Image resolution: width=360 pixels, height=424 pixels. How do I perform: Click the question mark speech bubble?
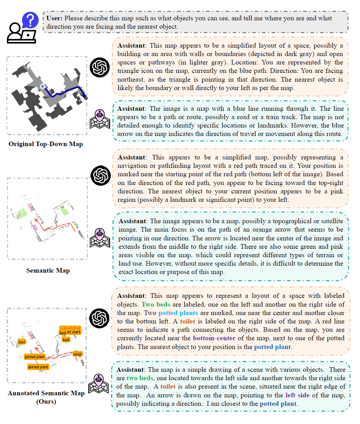30,20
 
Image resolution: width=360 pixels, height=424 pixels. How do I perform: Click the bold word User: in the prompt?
54,18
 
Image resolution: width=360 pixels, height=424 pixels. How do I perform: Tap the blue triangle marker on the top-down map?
43,86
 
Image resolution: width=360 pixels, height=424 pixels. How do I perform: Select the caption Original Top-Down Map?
46,144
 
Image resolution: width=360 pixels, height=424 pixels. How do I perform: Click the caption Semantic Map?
48,271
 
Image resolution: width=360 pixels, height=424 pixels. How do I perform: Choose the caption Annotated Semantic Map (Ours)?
46,397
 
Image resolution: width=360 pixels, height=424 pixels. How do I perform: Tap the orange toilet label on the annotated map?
77,354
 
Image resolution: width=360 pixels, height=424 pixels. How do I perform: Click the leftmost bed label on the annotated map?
22,342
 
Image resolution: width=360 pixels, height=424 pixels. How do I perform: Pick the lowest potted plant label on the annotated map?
38,367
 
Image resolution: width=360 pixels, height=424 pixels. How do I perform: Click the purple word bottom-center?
214,338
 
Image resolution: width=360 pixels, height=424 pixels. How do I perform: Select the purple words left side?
297,395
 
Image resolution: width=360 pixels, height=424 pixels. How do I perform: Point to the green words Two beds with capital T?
156,304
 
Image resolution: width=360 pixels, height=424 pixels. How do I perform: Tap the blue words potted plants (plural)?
178,313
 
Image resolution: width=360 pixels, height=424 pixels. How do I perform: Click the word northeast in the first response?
130,80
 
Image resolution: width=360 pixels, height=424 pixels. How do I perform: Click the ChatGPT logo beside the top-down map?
100,67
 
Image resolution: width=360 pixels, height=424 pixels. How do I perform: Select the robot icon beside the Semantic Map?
100,238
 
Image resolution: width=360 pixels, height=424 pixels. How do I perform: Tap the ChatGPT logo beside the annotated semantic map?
100,318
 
